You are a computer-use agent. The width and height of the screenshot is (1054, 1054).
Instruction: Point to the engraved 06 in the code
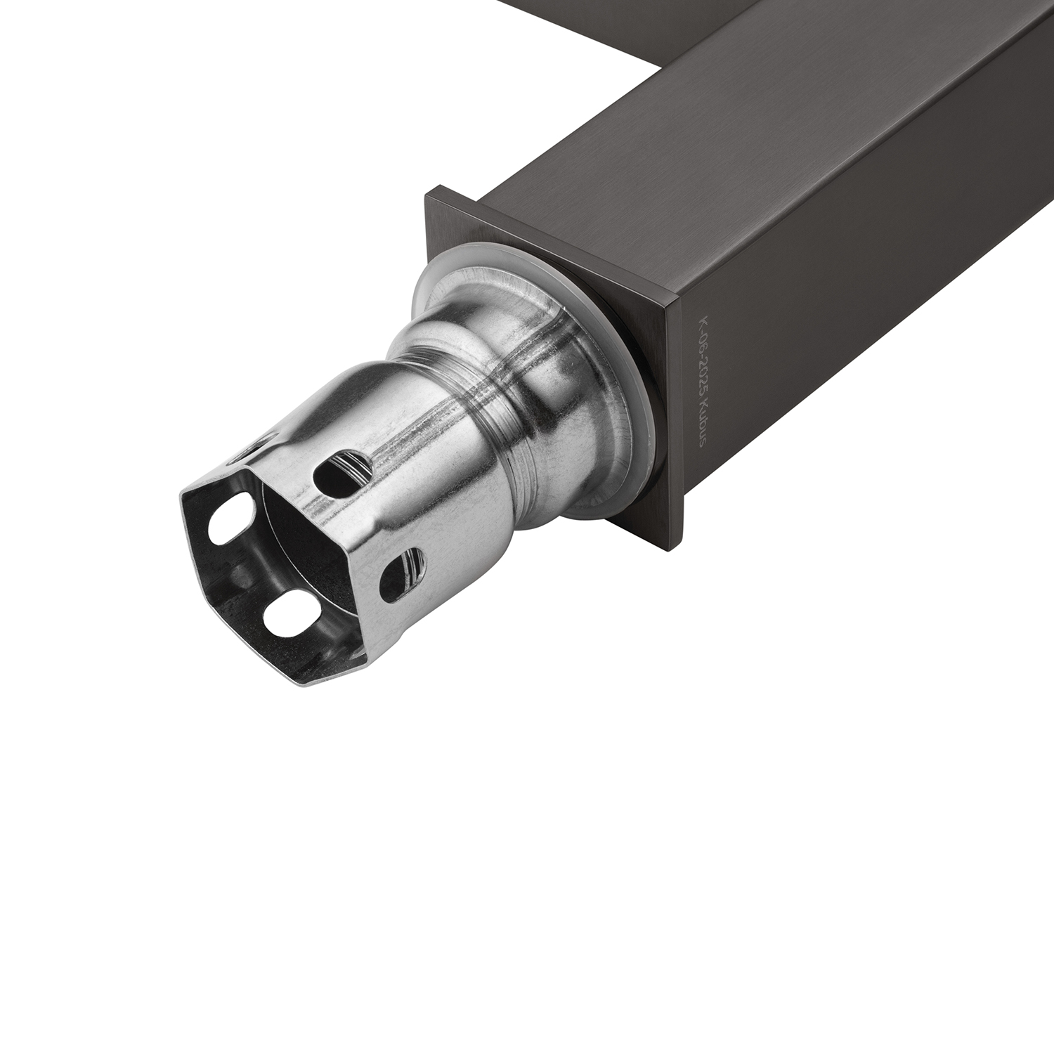pos(700,345)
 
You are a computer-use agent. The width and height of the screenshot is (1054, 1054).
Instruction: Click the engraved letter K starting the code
pos(700,325)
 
